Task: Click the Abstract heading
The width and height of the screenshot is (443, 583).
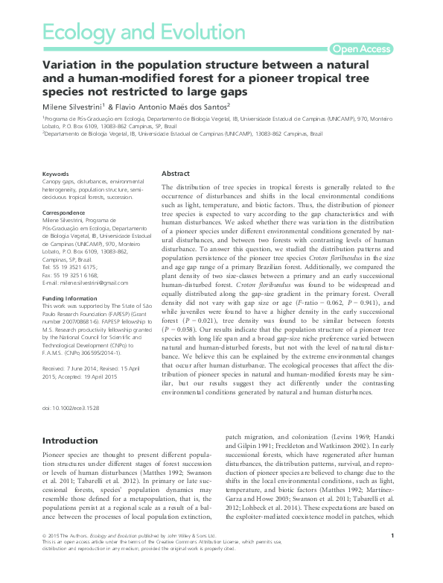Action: click(x=176, y=173)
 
